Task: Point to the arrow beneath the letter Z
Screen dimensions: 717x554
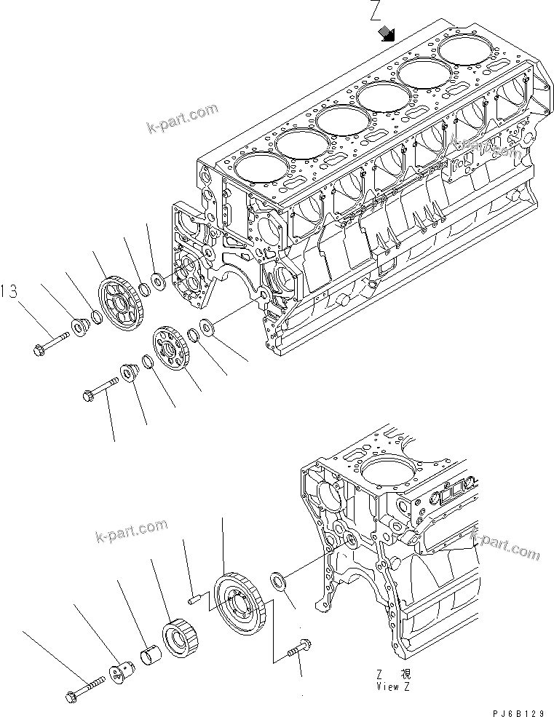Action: [387, 33]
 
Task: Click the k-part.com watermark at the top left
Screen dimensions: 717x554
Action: [182, 118]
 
